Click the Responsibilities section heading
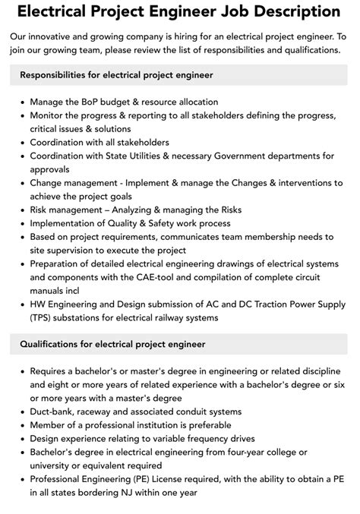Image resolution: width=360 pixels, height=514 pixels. click(116, 75)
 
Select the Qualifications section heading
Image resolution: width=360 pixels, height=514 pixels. click(112, 344)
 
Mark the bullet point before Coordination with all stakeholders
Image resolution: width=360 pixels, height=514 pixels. click(21, 143)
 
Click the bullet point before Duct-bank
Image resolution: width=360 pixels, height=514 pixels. click(21, 411)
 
